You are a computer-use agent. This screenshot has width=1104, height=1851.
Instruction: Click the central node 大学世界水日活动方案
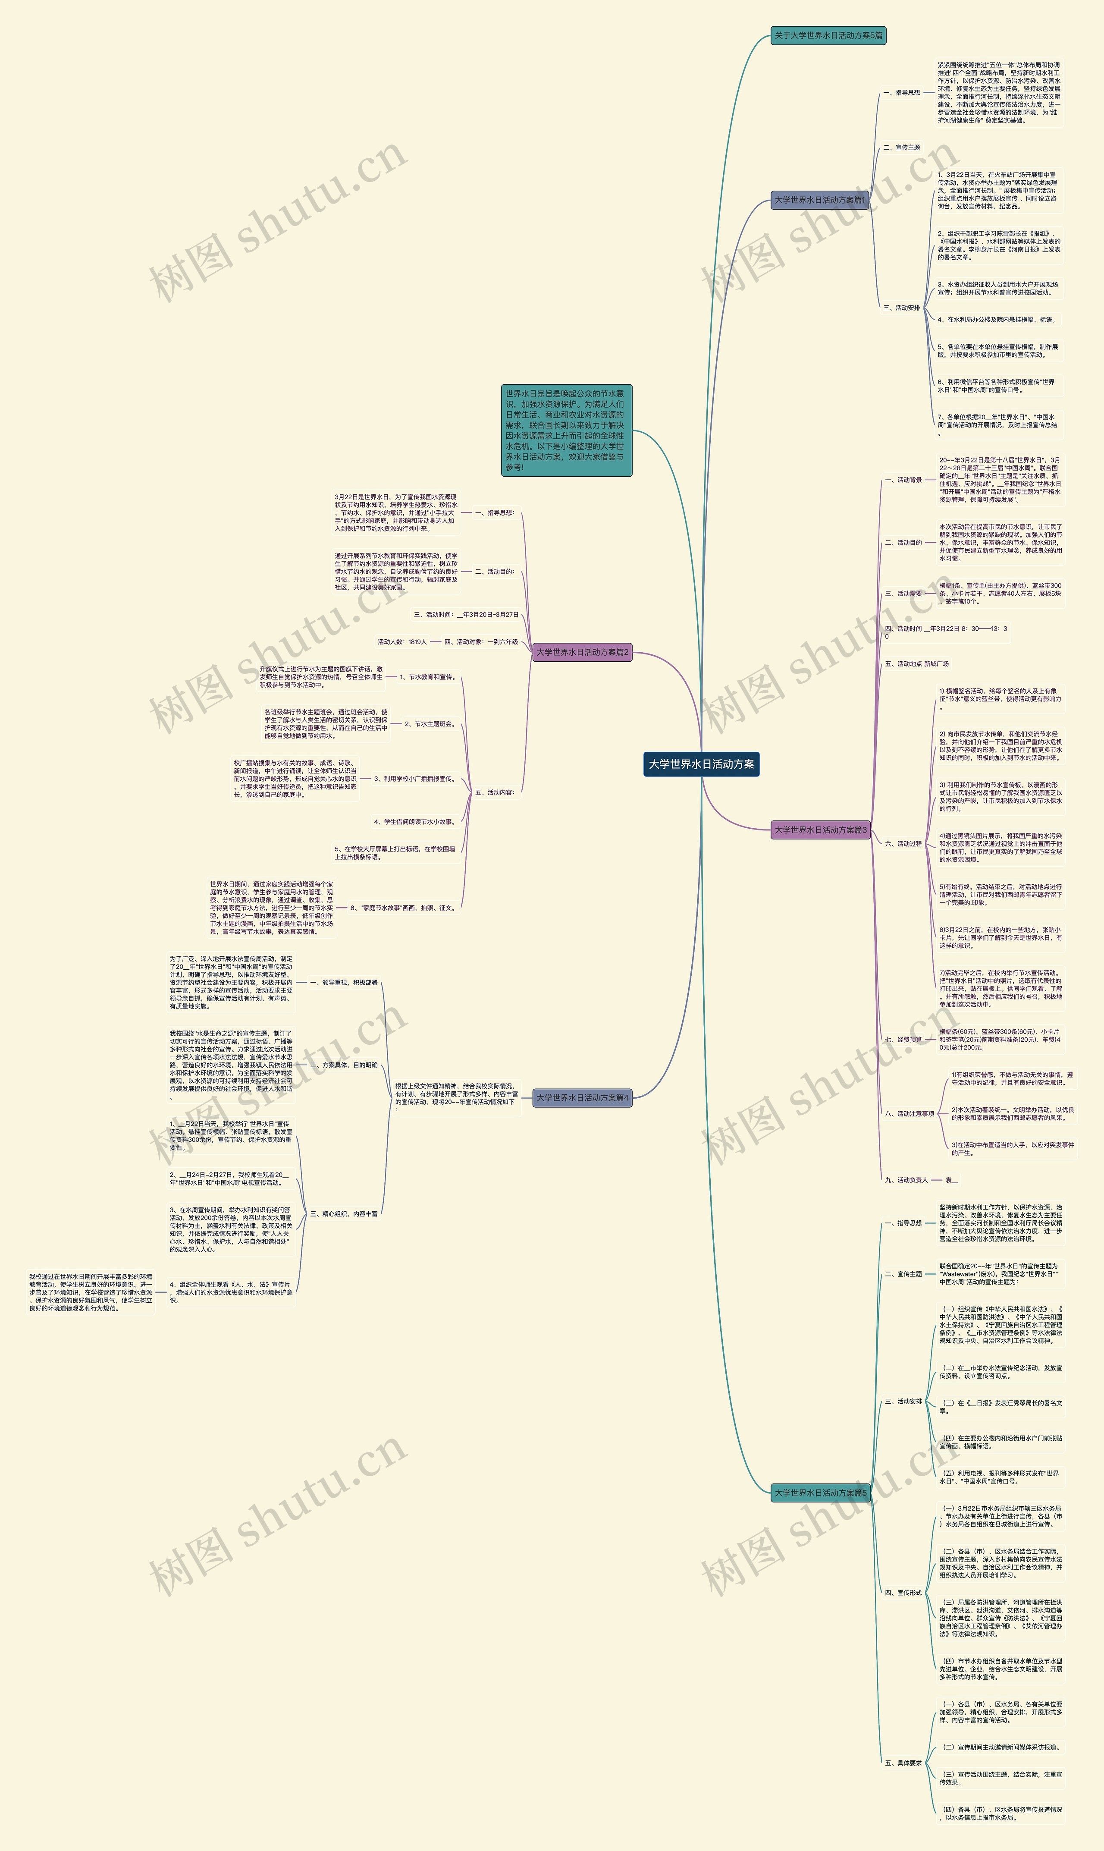tap(701, 764)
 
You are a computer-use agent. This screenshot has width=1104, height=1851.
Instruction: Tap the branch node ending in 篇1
tap(820, 200)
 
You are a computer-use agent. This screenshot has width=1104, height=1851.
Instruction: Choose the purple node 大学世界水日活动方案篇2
tap(583, 653)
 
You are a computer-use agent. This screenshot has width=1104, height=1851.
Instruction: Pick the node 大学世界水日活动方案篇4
tap(583, 1097)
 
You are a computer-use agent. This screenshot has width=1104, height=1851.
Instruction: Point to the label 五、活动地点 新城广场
tap(916, 663)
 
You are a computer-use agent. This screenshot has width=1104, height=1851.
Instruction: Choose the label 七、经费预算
tap(903, 1039)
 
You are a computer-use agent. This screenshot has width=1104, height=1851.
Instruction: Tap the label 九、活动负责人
tap(906, 1180)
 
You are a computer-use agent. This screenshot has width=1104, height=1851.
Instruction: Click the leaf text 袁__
tap(951, 1180)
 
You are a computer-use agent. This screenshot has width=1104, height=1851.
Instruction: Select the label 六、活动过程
tap(903, 844)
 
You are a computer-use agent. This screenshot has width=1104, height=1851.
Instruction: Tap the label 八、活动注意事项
tap(909, 1114)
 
